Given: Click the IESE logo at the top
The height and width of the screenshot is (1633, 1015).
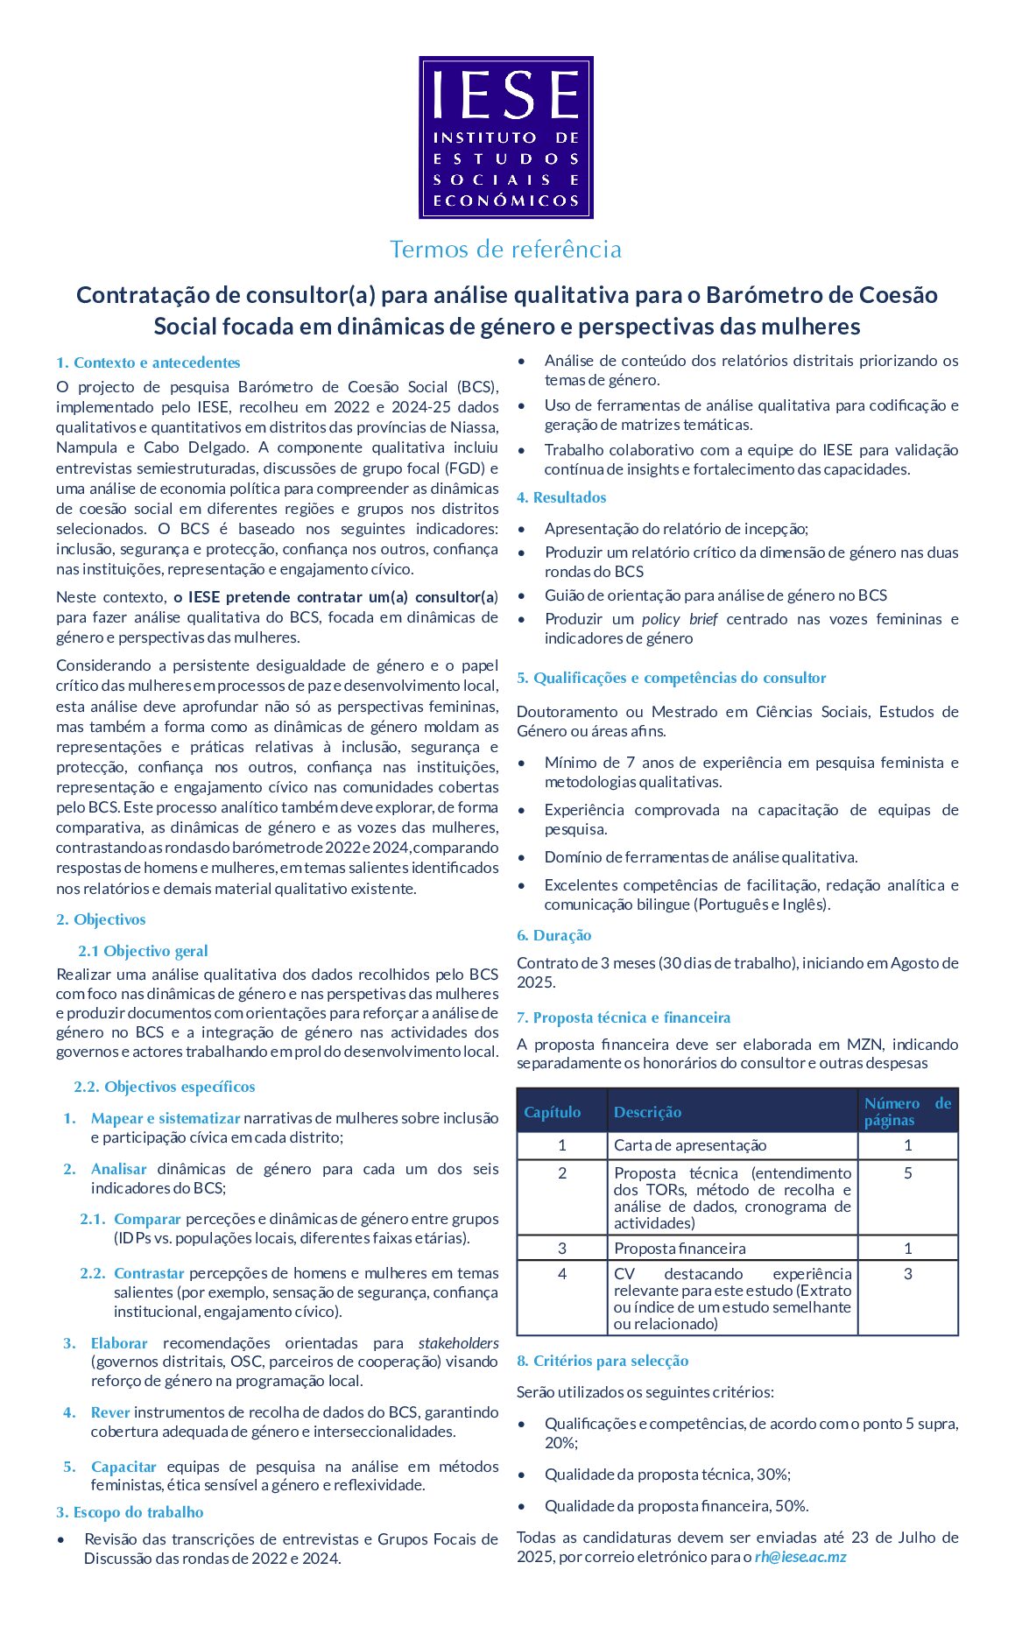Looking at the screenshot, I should coord(506,137).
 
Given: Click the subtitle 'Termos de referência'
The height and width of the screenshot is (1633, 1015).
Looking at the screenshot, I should coord(506,250).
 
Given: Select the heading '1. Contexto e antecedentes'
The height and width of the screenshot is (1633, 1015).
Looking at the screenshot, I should coord(148,362).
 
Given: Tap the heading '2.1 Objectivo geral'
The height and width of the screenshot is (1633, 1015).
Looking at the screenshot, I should coord(143,951).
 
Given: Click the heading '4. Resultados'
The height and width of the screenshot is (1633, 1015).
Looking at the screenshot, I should coord(561,497).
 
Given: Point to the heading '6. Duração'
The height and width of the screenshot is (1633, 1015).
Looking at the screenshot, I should coord(553,935).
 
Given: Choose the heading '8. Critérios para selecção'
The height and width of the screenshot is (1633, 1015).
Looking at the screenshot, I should coord(603,1361).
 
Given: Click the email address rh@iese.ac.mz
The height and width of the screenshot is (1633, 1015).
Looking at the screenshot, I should coord(800,1557).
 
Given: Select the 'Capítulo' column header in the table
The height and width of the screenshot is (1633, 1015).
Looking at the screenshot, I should coord(553,1112).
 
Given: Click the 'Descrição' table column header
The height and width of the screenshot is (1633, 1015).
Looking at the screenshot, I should coord(647,1112).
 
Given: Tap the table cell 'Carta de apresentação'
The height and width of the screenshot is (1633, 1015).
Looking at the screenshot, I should coord(690,1145).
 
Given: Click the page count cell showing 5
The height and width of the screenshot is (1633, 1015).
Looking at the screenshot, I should coord(908,1173).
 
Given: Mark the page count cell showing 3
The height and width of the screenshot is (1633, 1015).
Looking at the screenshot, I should coord(908,1274).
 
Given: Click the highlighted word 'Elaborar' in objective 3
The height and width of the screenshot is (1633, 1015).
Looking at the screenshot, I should coord(119,1343).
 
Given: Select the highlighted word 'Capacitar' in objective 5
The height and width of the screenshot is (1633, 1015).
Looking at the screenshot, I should coord(123,1467).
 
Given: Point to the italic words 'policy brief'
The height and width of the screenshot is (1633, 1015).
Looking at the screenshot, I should coord(680,619).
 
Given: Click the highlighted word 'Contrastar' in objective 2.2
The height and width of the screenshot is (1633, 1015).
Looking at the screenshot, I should coord(149,1273).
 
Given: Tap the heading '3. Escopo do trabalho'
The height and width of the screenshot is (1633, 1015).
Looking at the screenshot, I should coord(130,1512).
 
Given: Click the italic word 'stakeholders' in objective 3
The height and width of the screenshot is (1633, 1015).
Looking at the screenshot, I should coord(458,1343).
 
